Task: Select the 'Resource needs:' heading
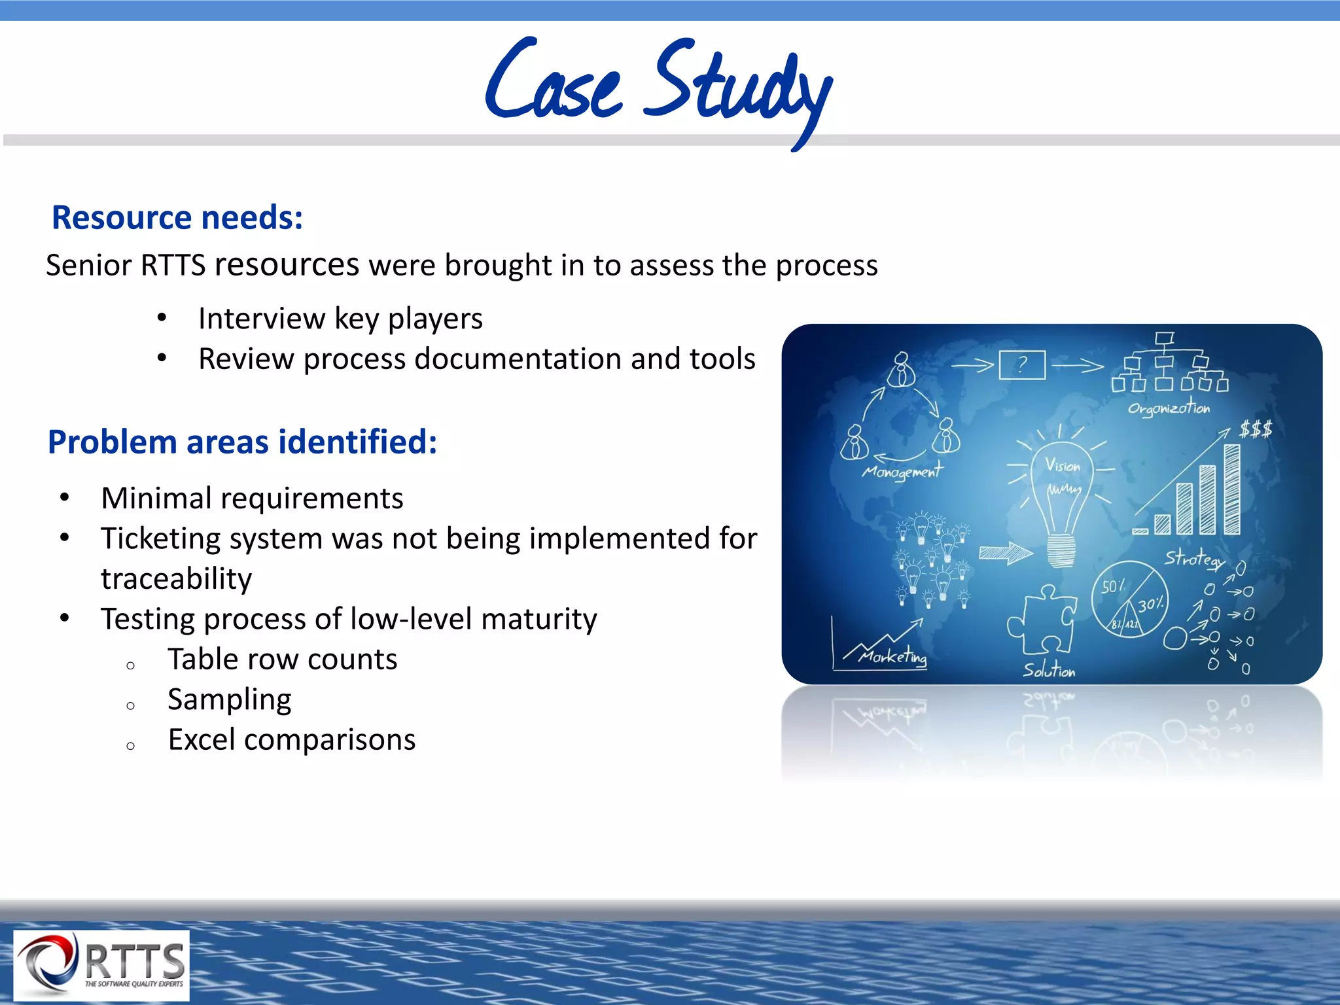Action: tap(177, 217)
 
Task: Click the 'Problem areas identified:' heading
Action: tap(242, 442)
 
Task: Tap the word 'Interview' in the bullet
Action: tap(261, 319)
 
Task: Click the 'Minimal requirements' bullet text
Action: tap(252, 498)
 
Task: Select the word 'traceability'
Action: tap(176, 578)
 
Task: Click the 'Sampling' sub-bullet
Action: tap(229, 699)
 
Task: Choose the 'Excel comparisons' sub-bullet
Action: tap(291, 740)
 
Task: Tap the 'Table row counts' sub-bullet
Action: tap(282, 659)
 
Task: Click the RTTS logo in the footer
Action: tap(102, 965)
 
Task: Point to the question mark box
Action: tap(1022, 364)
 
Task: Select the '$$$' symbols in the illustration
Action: tap(1256, 430)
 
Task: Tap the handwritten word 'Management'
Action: tap(902, 470)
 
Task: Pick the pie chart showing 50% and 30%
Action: tap(1129, 599)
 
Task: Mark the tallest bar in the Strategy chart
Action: tap(1232, 489)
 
